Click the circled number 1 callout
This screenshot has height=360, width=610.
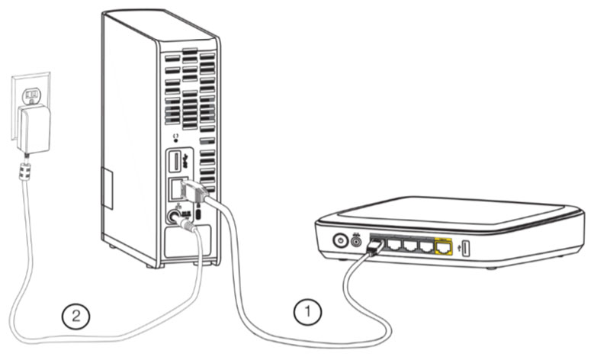tap(308, 311)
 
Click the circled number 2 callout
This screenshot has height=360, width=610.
tap(74, 314)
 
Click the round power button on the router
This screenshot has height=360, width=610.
tap(341, 241)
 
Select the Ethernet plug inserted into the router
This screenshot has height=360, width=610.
tap(375, 246)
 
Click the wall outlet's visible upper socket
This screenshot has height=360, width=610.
tap(32, 96)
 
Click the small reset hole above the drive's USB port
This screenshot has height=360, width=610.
tap(176, 138)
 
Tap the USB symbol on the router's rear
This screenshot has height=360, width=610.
tap(457, 246)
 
